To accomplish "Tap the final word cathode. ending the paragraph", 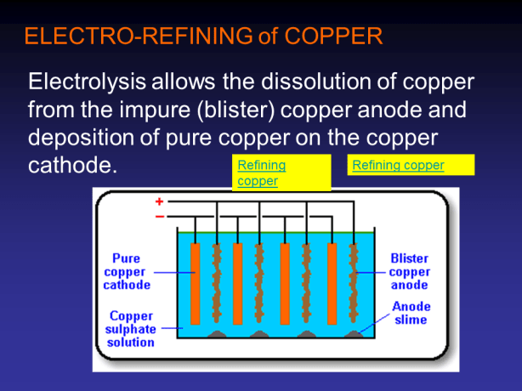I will tap(73, 164).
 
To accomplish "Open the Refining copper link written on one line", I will tap(398, 165).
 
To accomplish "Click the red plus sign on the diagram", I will tap(159, 202).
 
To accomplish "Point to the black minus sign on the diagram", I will tap(159, 216).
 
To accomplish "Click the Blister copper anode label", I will tap(409, 271).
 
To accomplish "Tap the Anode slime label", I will tap(411, 313).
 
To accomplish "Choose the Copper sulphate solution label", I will tap(130, 329).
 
